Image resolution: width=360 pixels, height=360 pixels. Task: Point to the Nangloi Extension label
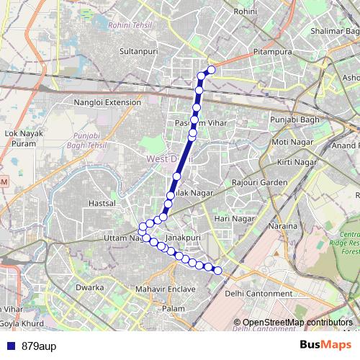(108, 103)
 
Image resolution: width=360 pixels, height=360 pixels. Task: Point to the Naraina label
(283, 226)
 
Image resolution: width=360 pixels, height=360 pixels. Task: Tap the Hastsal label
(101, 204)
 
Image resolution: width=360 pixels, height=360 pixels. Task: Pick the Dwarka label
(90, 287)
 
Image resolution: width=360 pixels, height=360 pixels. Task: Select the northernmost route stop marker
(212, 70)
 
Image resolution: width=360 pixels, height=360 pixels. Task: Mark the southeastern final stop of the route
(218, 271)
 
